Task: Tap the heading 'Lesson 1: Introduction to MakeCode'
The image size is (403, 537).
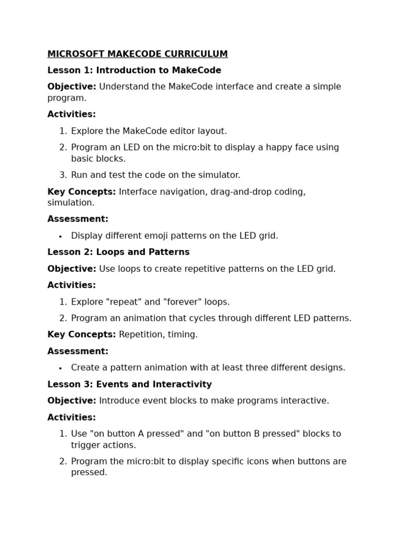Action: (x=134, y=70)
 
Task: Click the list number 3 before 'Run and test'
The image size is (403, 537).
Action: (x=63, y=175)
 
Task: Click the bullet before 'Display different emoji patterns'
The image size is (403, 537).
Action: (x=61, y=237)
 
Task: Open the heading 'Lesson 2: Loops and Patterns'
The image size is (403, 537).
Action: (x=119, y=252)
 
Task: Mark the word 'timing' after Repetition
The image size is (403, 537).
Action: (x=183, y=335)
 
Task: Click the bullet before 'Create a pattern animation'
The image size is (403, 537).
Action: (x=61, y=368)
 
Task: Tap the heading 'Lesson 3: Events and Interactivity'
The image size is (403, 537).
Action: (x=130, y=384)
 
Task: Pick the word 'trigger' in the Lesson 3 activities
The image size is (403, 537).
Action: (x=86, y=445)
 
